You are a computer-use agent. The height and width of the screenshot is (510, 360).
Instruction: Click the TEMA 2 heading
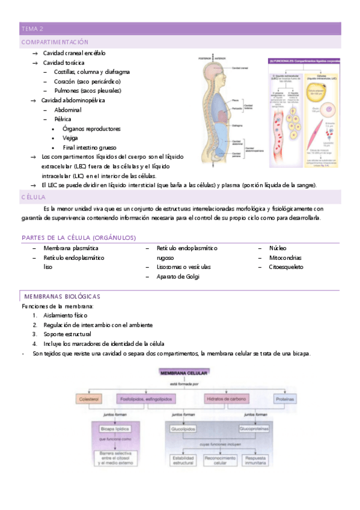[32, 28]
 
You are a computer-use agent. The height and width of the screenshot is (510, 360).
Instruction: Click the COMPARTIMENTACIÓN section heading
[55, 42]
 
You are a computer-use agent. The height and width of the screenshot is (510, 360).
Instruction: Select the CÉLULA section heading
[33, 197]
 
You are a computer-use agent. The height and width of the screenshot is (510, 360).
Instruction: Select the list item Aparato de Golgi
[178, 277]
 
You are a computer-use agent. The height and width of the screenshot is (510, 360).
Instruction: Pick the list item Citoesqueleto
[286, 267]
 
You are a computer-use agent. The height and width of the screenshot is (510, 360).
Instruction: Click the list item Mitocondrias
[286, 257]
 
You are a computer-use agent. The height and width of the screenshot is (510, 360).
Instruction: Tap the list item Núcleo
[278, 248]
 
